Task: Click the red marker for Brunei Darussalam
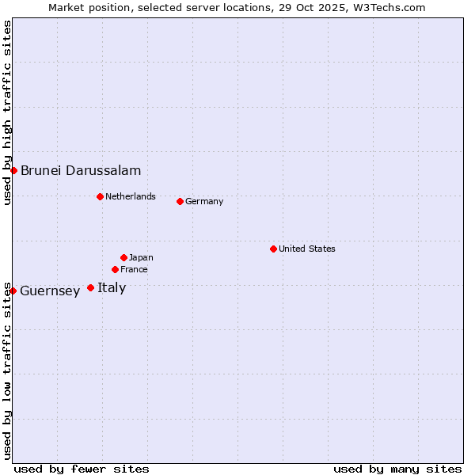(13, 170)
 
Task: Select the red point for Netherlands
(100, 196)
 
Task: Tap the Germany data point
(180, 201)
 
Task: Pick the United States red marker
(273, 249)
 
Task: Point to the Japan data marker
(123, 257)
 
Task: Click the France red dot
(115, 269)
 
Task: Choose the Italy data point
(90, 287)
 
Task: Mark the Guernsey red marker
(13, 291)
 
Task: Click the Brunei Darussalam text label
(81, 170)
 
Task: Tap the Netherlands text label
(131, 196)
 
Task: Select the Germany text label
(204, 201)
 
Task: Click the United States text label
(307, 249)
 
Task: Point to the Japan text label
(141, 257)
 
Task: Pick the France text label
(134, 269)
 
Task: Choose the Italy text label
(112, 287)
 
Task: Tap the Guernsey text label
(50, 291)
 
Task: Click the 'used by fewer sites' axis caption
(82, 469)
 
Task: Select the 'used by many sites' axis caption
(397, 469)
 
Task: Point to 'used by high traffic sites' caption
(7, 112)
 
